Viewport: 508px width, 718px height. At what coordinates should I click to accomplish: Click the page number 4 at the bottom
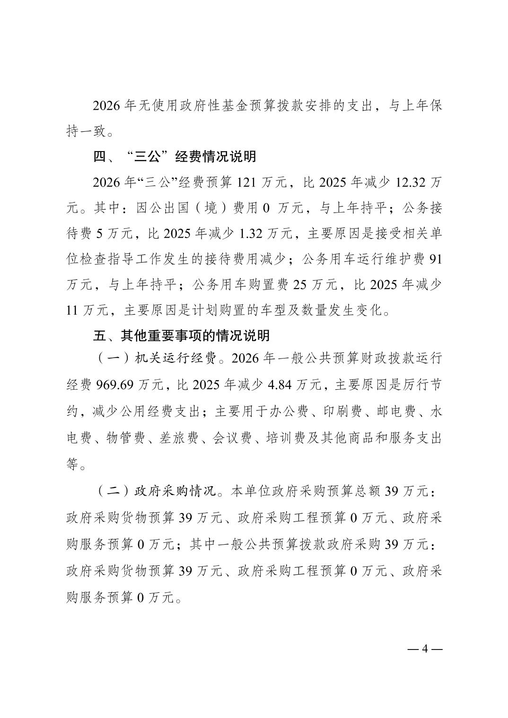click(424, 649)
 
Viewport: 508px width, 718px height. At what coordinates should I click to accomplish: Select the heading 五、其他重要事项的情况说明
click(181, 335)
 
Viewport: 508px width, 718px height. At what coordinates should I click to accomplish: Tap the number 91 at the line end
click(434, 259)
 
